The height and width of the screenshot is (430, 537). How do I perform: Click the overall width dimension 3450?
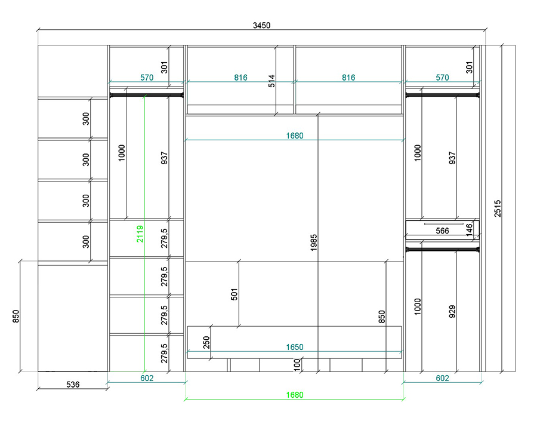(x=262, y=25)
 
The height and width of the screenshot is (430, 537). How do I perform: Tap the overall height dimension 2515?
(x=498, y=208)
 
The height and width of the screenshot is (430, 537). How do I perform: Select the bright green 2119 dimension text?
(x=140, y=234)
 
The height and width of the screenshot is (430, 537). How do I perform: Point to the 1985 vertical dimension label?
(x=314, y=243)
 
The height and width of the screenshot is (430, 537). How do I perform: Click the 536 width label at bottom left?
(x=73, y=385)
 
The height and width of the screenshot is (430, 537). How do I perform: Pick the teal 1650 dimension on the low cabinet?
(x=295, y=347)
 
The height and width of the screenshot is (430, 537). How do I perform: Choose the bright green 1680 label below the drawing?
(x=295, y=395)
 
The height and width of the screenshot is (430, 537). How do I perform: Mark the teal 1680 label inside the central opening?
(x=295, y=136)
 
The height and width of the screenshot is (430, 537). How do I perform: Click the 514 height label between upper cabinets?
(x=271, y=81)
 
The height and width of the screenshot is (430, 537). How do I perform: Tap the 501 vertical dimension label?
(x=234, y=294)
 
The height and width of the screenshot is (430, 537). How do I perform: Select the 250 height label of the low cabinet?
(x=206, y=342)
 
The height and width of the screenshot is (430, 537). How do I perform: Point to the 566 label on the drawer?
(x=442, y=231)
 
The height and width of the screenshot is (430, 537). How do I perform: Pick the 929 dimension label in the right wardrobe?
(x=452, y=311)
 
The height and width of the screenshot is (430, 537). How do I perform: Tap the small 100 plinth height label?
(x=297, y=364)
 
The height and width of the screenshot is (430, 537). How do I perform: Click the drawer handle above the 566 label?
(x=444, y=224)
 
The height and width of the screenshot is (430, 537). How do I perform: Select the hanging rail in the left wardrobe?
(x=147, y=95)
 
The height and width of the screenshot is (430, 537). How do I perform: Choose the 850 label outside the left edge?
(x=16, y=316)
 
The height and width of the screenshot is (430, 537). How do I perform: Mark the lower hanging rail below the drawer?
(x=442, y=249)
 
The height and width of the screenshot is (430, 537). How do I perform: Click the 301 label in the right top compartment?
(x=469, y=67)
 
